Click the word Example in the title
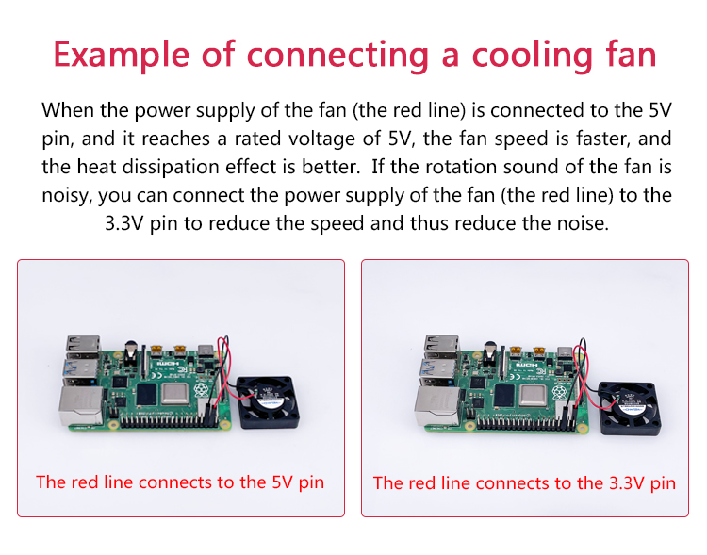[x=122, y=55]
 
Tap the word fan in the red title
[x=631, y=54]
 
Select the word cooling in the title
[x=532, y=56]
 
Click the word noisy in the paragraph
[x=67, y=196]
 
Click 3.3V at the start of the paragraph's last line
[x=124, y=223]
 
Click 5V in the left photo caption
[x=282, y=482]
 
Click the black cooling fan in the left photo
[x=268, y=402]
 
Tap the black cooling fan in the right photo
[x=630, y=408]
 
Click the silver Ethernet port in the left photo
[x=81, y=405]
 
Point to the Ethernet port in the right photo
[x=436, y=406]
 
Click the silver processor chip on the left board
[x=175, y=394]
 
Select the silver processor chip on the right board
[x=534, y=396]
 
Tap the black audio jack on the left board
[x=131, y=354]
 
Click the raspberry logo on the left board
[x=200, y=390]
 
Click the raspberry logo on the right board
[x=559, y=392]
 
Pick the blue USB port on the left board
[x=81, y=367]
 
